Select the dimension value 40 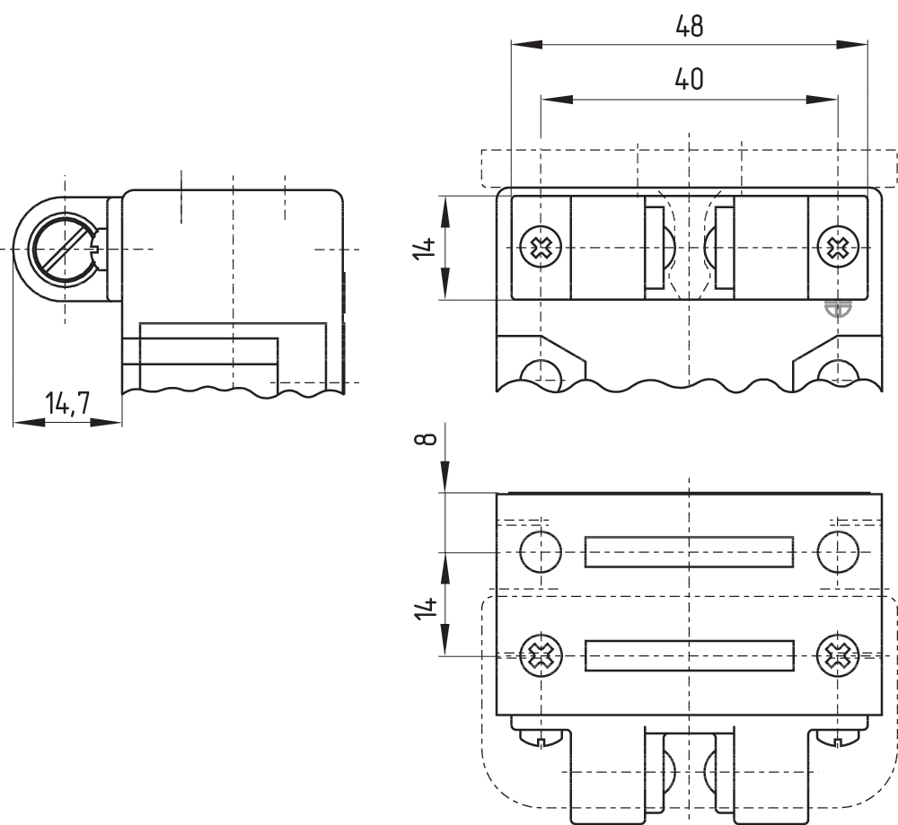(689, 80)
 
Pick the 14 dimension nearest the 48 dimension (428, 248)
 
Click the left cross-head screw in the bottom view (541, 656)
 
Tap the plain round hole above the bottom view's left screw (541, 551)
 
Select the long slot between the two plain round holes (689, 551)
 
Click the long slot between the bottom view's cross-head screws (689, 656)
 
